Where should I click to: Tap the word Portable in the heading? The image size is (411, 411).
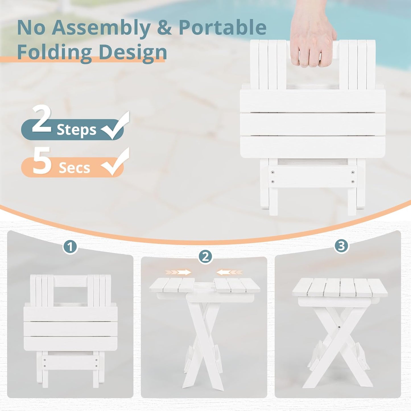(222, 28)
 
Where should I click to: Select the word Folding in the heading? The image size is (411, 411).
(54, 52)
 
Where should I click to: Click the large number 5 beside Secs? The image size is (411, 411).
(42, 160)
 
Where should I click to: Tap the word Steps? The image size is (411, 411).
(77, 130)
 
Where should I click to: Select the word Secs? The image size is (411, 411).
(74, 168)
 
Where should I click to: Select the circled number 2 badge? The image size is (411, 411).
(205, 257)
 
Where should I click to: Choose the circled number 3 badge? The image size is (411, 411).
(341, 246)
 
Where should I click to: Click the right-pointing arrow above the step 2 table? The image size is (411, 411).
(178, 272)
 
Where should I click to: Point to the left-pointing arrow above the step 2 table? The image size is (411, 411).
(229, 272)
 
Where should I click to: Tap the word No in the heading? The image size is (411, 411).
(31, 28)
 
